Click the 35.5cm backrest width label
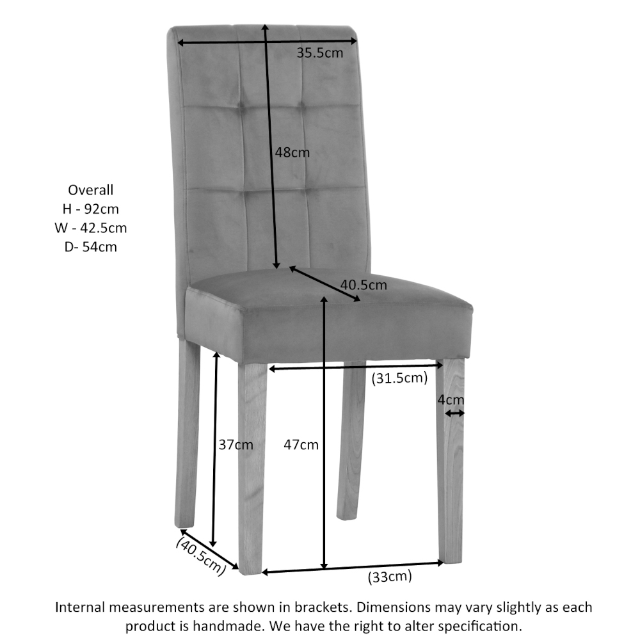(319, 52)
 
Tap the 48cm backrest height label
(292, 152)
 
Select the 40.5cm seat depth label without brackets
(364, 285)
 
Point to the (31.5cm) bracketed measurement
(399, 378)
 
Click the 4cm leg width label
(451, 399)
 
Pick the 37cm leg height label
(236, 444)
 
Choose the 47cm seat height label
(301, 444)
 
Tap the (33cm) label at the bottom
(390, 577)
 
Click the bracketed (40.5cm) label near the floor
(201, 556)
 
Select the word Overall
(91, 189)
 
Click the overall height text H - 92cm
(91, 209)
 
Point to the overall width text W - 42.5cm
(91, 227)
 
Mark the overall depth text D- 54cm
(91, 246)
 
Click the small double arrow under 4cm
(454, 413)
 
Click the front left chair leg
(252, 474)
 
